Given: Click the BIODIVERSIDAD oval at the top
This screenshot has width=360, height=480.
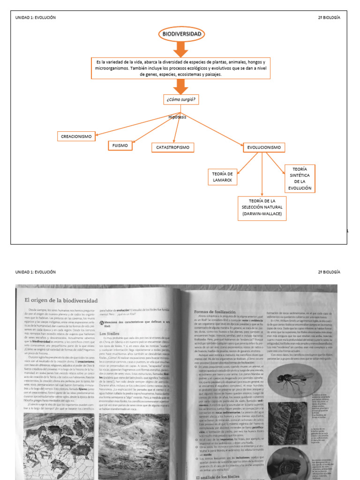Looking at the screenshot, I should pos(181,34).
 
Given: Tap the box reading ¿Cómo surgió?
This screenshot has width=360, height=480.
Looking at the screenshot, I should pos(180,100).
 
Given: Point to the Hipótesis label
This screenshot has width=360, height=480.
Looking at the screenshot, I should pos(177,117).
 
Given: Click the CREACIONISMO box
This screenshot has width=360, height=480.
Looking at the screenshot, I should pos(76,136).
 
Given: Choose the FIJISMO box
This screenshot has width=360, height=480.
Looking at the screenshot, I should pos(120,145).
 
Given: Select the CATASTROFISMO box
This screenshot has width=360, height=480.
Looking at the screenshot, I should pos(172,148).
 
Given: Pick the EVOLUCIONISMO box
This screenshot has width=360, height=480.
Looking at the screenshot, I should pos(264,148).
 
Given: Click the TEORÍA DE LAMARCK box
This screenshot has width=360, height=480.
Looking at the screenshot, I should pos(222,176).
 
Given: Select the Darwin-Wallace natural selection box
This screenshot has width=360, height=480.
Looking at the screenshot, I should pos(262,208).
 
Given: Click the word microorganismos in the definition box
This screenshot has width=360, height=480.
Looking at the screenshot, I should pos(112,68).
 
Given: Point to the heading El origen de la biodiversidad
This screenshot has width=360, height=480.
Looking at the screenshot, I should pos(61,300).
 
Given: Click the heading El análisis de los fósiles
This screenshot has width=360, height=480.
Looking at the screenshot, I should pos(219,475).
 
